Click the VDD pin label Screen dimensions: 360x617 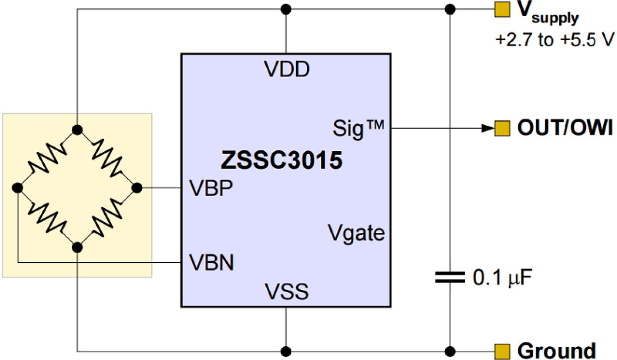tap(287, 70)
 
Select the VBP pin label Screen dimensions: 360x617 tap(211, 189)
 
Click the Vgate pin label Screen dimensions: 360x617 tap(357, 232)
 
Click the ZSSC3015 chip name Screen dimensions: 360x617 tap(281, 161)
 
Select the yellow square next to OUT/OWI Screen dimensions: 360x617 tap(501, 129)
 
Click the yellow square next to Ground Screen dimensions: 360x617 tap(501, 351)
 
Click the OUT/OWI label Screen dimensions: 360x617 tap(564, 129)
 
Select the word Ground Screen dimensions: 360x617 tap(557, 351)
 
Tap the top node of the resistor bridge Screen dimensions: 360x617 tap(77, 130)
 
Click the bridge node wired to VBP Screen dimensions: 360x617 tap(137, 188)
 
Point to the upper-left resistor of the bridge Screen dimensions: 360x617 tap(47, 159)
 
